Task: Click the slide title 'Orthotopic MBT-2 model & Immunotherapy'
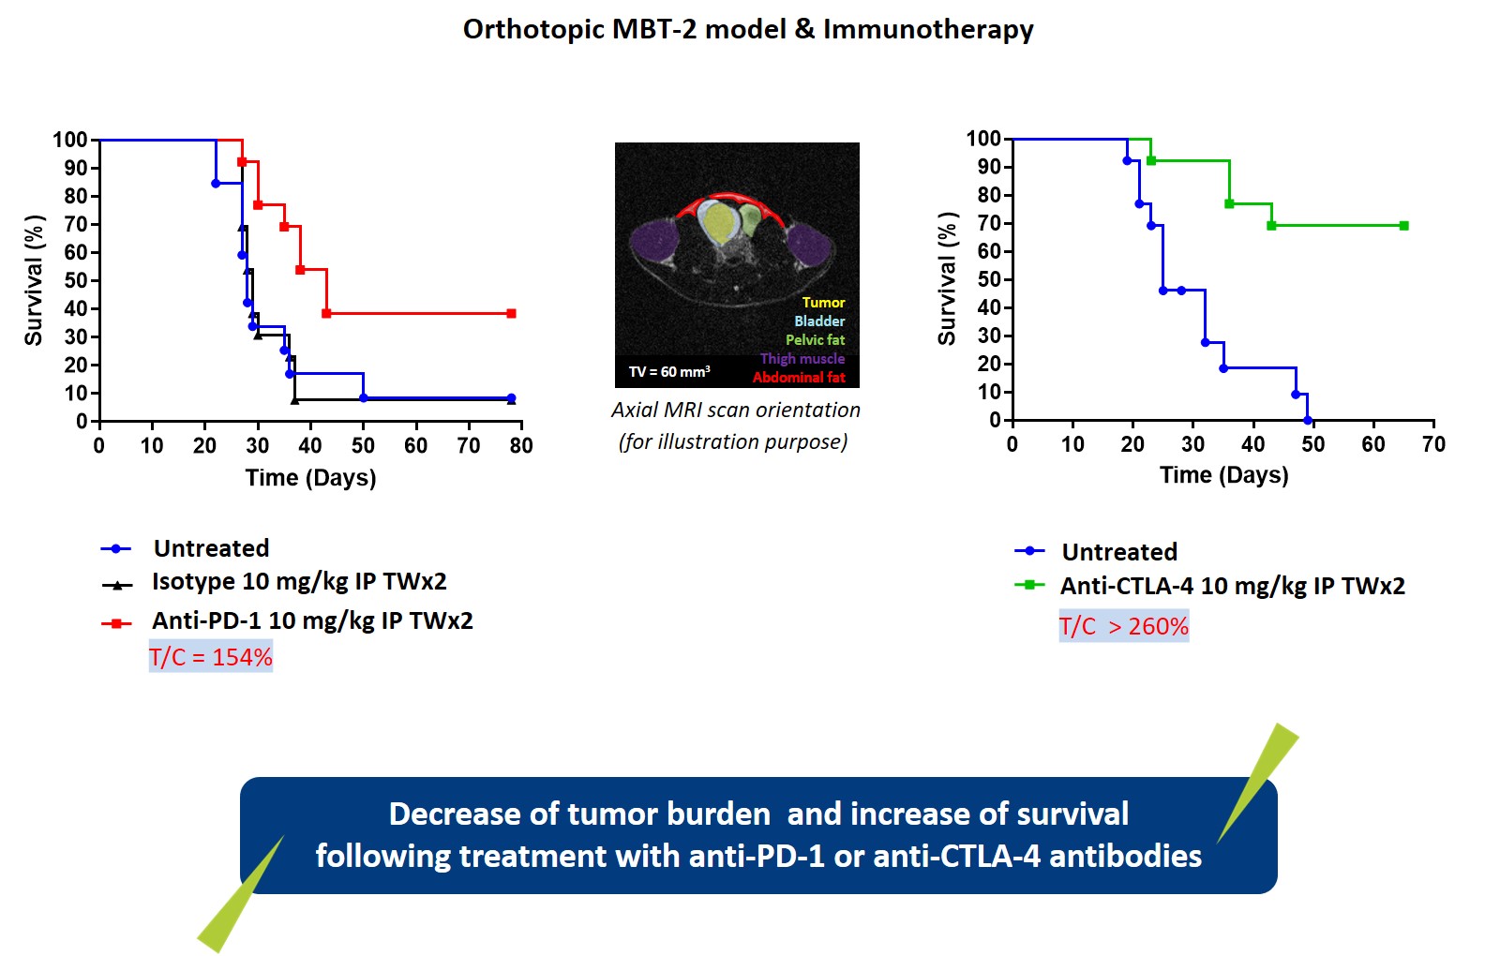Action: click(748, 29)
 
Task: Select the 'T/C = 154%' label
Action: click(210, 657)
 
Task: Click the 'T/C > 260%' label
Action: click(1123, 626)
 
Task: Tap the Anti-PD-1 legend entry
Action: click(311, 620)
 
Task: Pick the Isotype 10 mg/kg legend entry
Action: click(298, 581)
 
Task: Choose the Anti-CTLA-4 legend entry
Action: click(1232, 586)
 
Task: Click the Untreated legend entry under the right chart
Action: click(1118, 552)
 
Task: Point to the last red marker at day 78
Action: click(511, 313)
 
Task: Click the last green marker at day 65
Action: click(1403, 226)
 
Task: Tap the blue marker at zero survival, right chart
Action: click(1308, 420)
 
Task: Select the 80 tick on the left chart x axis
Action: click(521, 446)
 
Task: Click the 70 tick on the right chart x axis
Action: click(1433, 444)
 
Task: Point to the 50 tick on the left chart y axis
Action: click(76, 280)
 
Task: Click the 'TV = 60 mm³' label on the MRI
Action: click(668, 372)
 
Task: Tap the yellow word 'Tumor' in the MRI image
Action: click(823, 303)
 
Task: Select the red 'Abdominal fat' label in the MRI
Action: click(799, 378)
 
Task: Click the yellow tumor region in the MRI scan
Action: click(719, 222)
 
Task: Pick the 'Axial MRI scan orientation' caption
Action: click(735, 410)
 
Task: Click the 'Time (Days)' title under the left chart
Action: click(310, 478)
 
